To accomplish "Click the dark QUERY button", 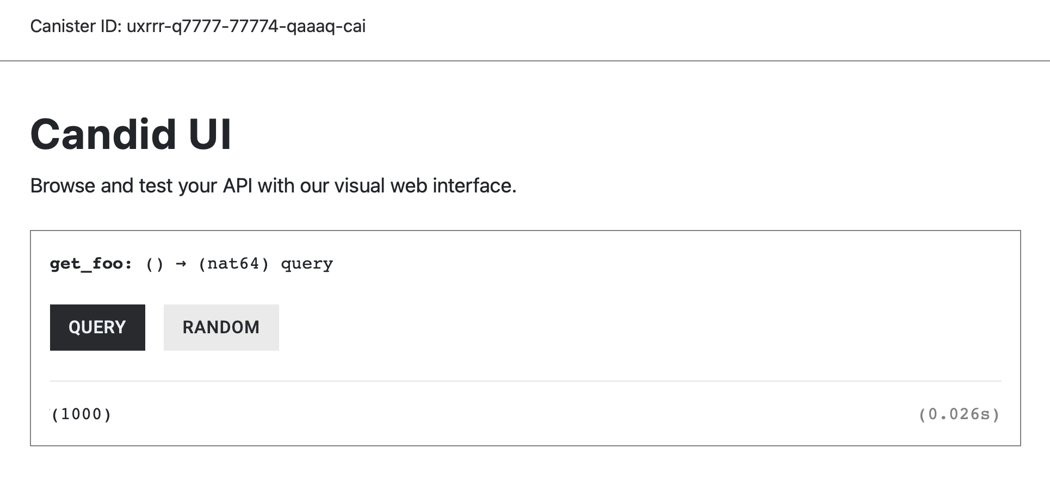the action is coord(97,327).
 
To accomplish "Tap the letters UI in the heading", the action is coord(210,134).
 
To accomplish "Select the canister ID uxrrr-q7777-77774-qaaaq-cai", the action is coord(246,26).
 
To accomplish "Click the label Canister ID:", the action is coord(76,26).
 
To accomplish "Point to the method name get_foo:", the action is coord(91,264).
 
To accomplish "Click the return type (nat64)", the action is coord(234,264).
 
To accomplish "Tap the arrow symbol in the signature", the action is coord(181,264).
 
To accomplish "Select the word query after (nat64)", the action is coord(307,265).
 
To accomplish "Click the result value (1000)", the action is coord(82,414).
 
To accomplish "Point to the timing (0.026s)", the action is coord(960,414).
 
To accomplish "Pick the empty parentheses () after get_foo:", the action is coord(155,264).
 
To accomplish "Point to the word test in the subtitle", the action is coord(156,186).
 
